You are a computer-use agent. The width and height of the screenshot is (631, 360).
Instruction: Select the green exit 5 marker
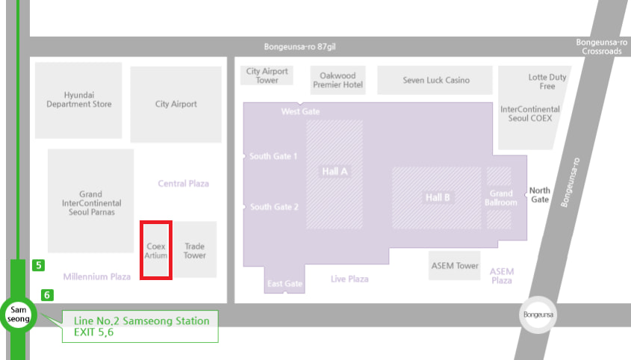point(39,264)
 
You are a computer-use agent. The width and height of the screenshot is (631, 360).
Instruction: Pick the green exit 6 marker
point(47,295)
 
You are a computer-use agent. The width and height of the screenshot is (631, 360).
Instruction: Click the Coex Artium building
point(157,250)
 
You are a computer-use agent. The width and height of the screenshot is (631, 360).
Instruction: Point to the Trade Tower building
point(195,250)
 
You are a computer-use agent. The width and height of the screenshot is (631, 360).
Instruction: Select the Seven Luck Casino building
point(436,80)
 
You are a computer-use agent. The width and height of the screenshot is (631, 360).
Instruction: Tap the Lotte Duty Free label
point(547,81)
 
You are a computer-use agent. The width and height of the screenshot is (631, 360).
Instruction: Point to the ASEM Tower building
point(455,266)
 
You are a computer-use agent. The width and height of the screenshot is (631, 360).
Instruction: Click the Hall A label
point(335,171)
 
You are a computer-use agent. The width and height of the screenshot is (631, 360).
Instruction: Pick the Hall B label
point(438,198)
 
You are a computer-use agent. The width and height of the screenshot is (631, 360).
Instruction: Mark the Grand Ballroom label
point(500,198)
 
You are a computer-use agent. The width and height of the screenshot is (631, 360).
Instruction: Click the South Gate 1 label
point(273,156)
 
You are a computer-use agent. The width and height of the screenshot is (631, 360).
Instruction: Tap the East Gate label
point(285,284)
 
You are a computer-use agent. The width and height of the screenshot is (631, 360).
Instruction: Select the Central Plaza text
point(184,183)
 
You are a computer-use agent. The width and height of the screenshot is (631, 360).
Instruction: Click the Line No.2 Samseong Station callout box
point(140,326)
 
